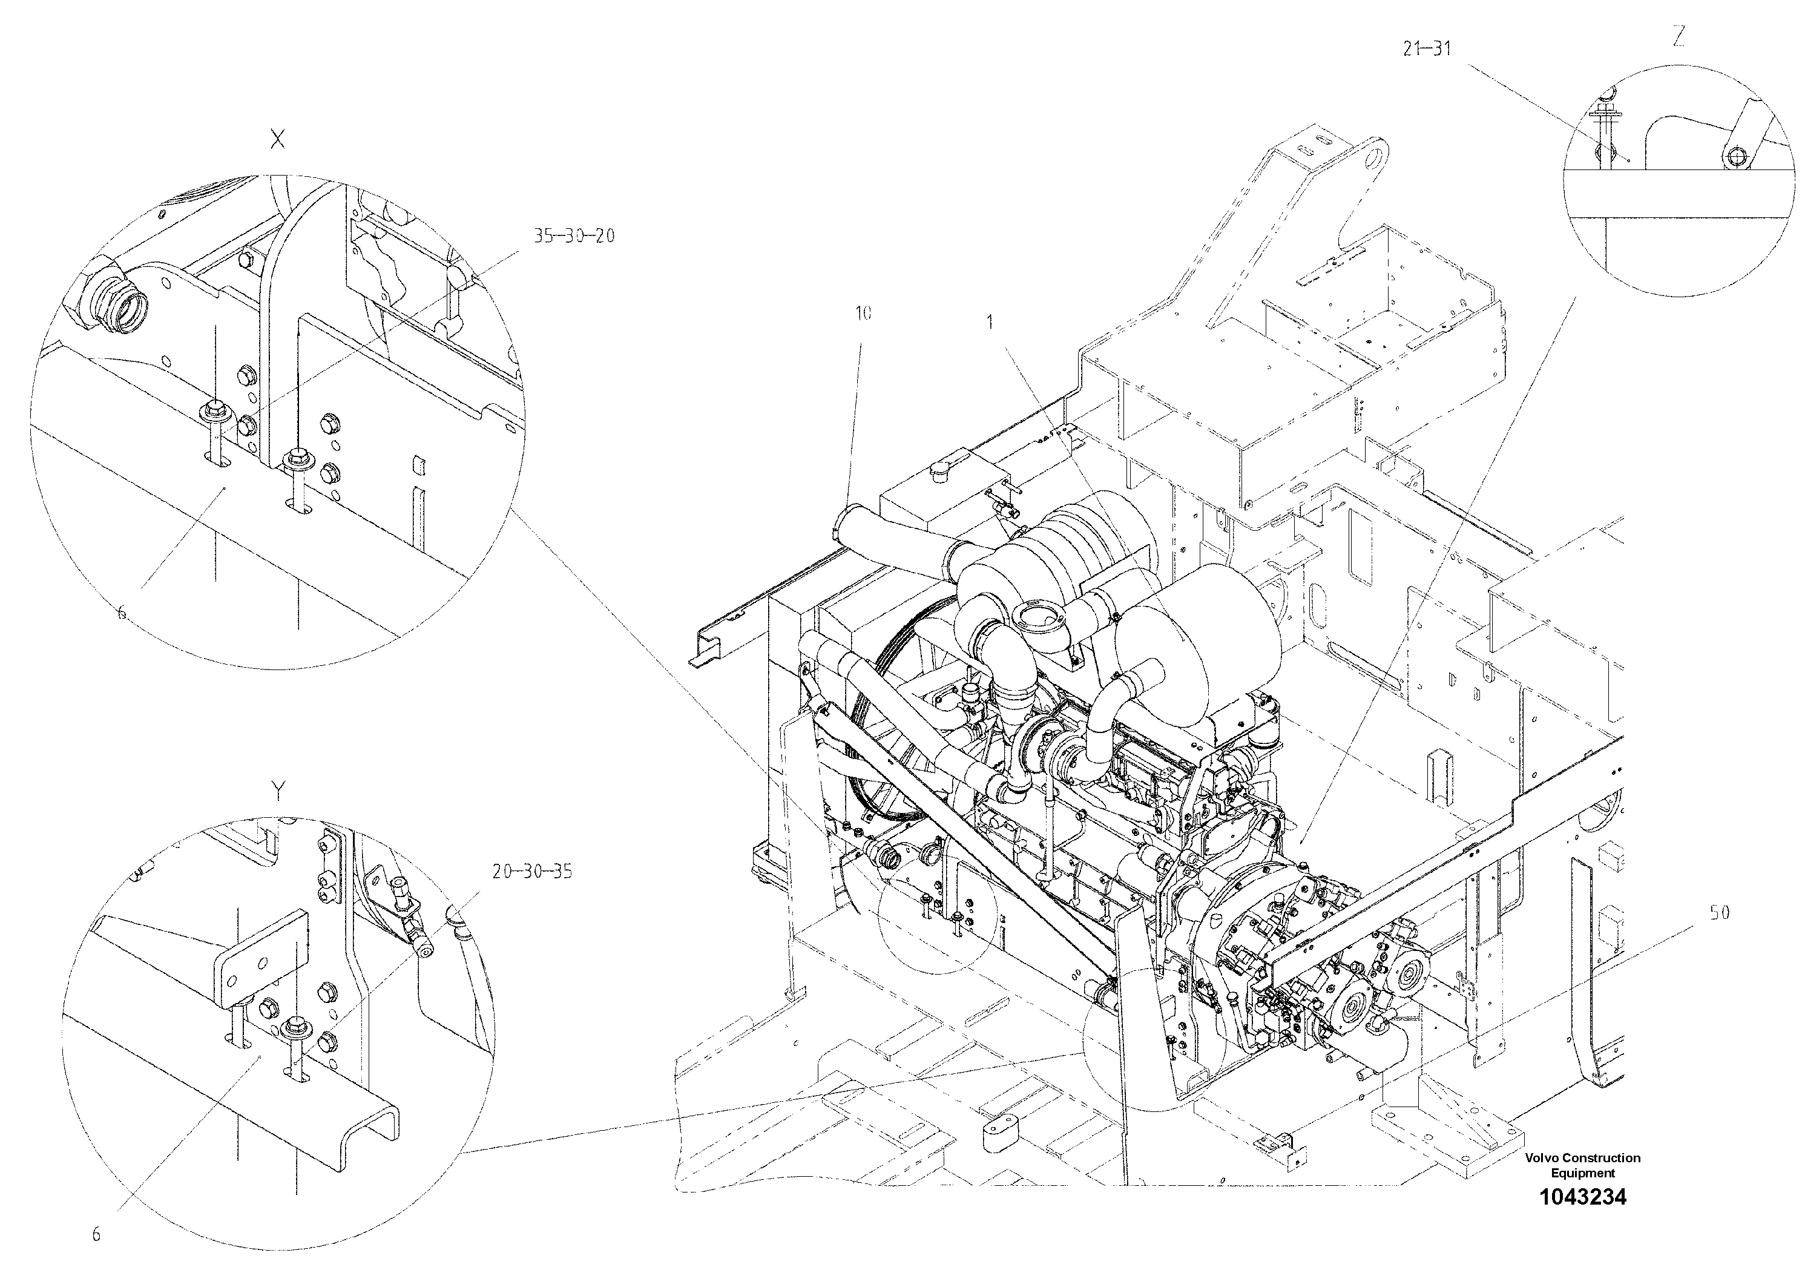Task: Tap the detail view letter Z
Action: pos(1678,38)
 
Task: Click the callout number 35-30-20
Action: pos(574,235)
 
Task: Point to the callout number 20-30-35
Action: pos(532,871)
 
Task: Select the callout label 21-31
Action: pos(1427,48)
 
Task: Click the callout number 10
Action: pos(863,314)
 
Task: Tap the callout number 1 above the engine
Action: pos(990,322)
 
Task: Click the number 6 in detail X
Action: pos(122,614)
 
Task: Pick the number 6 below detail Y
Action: pos(96,1234)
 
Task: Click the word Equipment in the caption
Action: pos(1582,1173)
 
